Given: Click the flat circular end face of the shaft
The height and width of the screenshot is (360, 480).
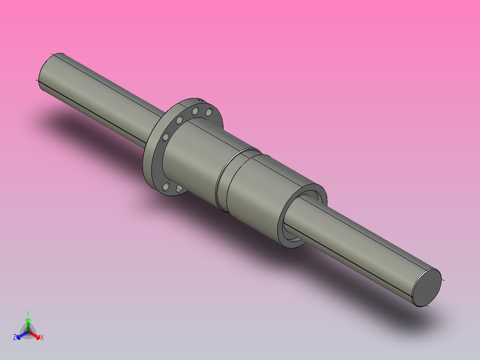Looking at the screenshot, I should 426,287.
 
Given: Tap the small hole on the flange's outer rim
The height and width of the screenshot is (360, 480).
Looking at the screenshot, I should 200,101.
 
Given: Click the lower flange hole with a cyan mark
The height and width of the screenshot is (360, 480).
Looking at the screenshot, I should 166,186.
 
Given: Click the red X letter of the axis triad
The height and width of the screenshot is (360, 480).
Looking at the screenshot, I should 42,337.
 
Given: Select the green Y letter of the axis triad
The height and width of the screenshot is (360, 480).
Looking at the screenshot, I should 28,313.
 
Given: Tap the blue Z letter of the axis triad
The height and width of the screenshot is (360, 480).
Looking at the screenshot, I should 15,337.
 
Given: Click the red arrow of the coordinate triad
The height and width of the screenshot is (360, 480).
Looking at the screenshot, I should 36,335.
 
